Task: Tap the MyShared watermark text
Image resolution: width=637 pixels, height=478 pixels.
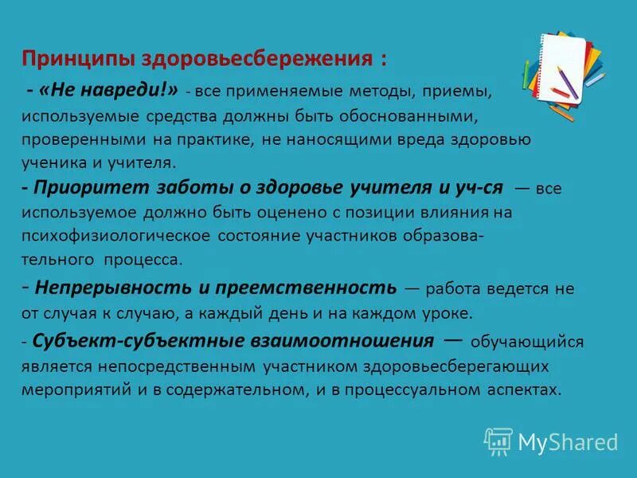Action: (568, 442)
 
